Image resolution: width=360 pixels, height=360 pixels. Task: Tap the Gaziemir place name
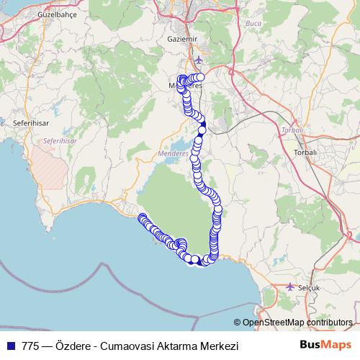coord(181,38)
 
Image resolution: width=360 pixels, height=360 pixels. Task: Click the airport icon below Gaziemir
coord(199,59)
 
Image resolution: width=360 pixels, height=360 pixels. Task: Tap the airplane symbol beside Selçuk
coord(290,286)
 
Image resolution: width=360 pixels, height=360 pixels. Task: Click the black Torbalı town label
coord(306,153)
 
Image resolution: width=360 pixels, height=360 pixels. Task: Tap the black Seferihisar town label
coord(29,124)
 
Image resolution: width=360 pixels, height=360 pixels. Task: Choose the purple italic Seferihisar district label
coord(59,140)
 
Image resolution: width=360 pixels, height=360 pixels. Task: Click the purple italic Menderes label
coord(172,154)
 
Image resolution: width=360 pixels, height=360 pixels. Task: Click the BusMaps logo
coord(330,346)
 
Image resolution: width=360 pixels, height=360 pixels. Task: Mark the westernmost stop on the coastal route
coord(142,217)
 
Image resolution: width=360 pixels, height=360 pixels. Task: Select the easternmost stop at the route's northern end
coord(201,77)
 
